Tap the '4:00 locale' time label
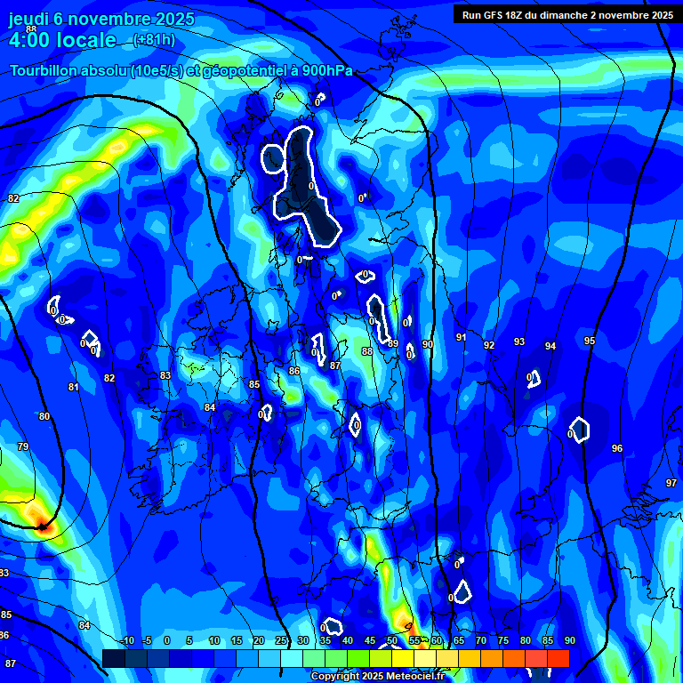(x=62, y=40)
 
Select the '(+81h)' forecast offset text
(x=154, y=40)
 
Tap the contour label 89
(x=393, y=343)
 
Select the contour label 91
(x=461, y=338)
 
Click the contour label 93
(x=519, y=342)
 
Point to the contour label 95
(x=590, y=341)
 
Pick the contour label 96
(x=617, y=448)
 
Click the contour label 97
(x=671, y=483)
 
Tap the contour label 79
(x=23, y=446)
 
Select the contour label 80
(x=44, y=416)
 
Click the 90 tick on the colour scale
(x=569, y=640)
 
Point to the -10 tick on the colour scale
(x=127, y=640)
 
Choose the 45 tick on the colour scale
(x=369, y=640)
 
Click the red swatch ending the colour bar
(x=558, y=658)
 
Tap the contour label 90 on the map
(x=428, y=344)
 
